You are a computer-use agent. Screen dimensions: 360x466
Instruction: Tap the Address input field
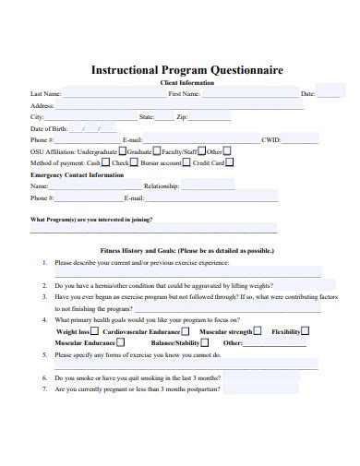185,106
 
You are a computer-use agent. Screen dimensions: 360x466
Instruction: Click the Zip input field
210,117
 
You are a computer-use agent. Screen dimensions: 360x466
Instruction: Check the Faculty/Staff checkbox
201,150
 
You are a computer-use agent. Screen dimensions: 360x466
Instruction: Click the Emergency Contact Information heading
77,173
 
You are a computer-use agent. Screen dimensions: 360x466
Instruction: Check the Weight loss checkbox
94,330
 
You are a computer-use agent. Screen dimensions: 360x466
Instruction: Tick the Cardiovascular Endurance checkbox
186,330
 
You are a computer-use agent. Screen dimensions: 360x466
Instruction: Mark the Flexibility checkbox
306,330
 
